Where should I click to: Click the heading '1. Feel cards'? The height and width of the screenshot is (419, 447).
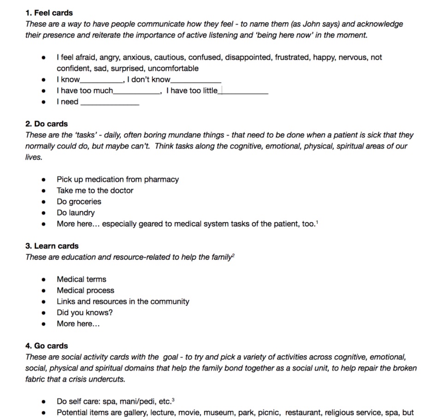(49, 13)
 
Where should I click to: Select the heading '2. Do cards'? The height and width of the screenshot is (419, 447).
(47, 124)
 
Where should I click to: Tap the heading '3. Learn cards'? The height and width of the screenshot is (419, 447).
(52, 246)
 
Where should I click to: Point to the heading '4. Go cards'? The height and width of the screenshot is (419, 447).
(47, 346)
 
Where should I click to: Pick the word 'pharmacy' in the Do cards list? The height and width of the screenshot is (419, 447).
(161, 180)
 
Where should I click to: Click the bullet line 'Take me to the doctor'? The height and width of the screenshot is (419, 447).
(95, 191)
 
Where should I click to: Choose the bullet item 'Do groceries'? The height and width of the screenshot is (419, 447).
(79, 202)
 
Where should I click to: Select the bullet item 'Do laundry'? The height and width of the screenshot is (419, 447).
(76, 213)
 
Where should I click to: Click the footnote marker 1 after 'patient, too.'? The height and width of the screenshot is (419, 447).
(317, 222)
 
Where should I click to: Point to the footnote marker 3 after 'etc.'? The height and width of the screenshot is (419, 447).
(173, 400)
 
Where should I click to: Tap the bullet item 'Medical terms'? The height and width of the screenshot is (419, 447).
(81, 279)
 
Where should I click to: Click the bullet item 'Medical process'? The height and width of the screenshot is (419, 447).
(85, 290)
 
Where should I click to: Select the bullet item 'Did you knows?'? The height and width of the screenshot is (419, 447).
(84, 312)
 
